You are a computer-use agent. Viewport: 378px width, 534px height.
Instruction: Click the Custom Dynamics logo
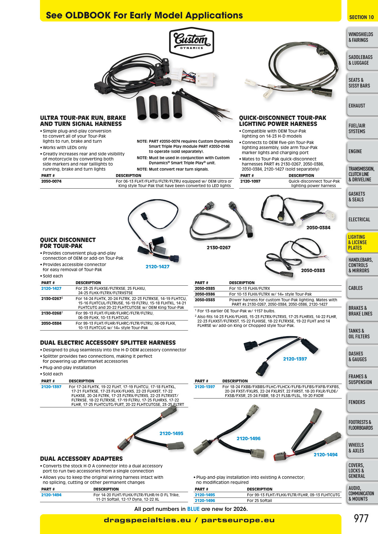click(x=191, y=42)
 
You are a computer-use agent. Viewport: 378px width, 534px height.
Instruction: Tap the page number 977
click(x=361, y=518)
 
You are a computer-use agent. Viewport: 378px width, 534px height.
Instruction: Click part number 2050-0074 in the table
click(x=51, y=181)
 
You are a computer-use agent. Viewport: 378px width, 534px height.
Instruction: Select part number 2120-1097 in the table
click(x=250, y=181)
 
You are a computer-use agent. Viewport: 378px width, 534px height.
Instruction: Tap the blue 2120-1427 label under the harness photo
click(x=157, y=266)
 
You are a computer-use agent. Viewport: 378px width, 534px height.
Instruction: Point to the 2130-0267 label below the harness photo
click(x=219, y=248)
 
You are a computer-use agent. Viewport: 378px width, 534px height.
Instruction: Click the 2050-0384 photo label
click(x=318, y=228)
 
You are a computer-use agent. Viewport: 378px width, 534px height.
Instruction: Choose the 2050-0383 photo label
click(x=313, y=270)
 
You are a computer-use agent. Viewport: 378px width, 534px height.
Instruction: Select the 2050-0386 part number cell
click(x=205, y=294)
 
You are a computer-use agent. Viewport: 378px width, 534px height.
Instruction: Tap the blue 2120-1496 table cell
click(x=205, y=501)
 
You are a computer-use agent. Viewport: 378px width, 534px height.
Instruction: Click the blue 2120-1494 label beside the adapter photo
click(x=326, y=455)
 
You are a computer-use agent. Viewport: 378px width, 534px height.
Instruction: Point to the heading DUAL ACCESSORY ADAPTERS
click(x=81, y=459)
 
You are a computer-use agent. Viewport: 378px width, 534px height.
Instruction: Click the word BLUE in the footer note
click(x=193, y=509)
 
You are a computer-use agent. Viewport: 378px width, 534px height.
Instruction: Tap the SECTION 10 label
click(x=361, y=17)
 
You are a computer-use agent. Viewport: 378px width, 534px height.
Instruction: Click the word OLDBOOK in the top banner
click(x=88, y=16)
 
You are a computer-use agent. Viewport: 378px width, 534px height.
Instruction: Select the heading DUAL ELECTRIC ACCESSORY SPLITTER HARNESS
click(x=108, y=342)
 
